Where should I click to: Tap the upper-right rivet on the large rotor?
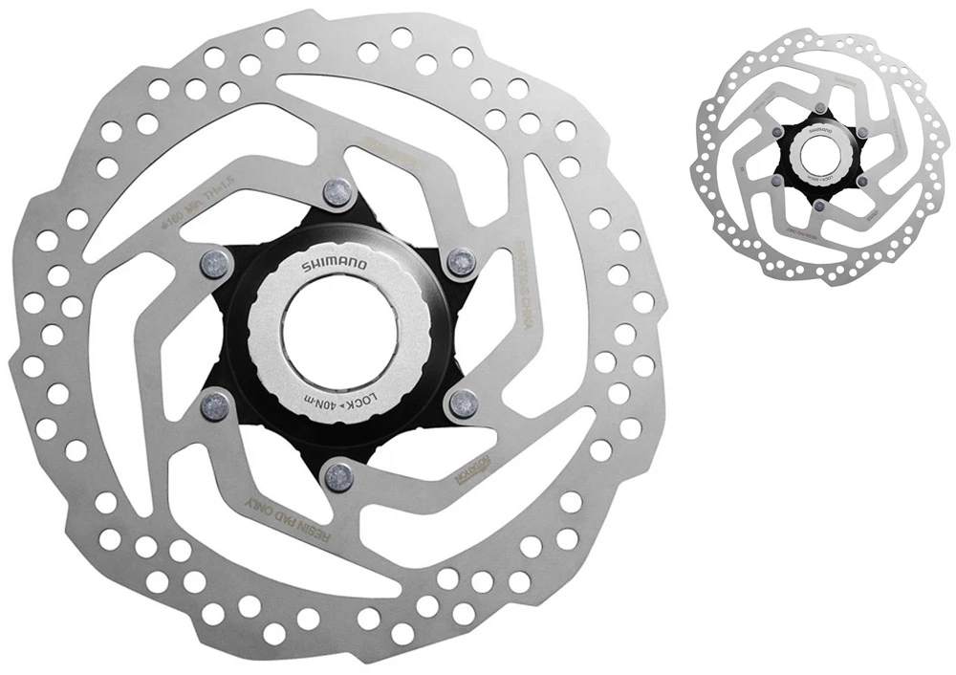pos(461,261)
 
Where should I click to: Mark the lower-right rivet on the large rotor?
pos(462,403)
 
